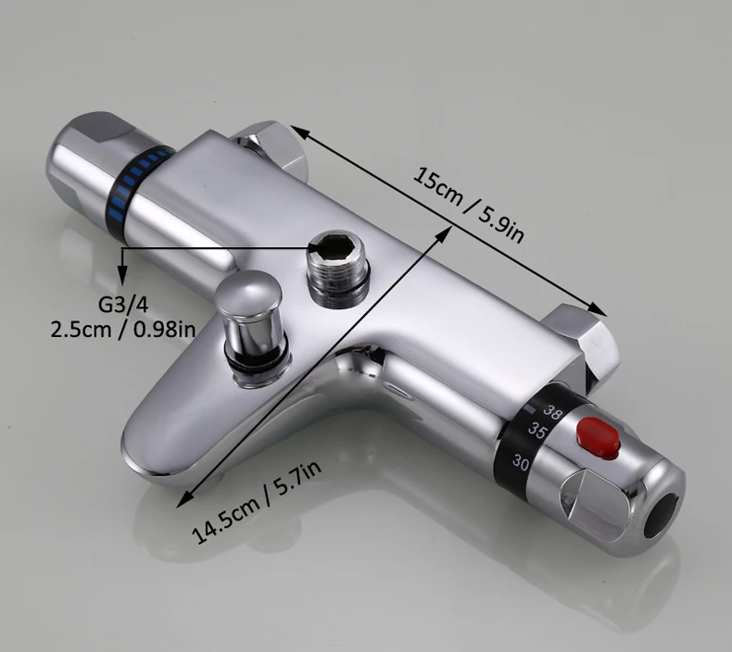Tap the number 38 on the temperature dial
click(552, 411)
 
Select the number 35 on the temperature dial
click(537, 431)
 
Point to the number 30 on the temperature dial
click(521, 461)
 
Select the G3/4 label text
click(123, 305)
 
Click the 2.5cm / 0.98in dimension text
click(123, 330)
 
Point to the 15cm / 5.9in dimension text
click(468, 204)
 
